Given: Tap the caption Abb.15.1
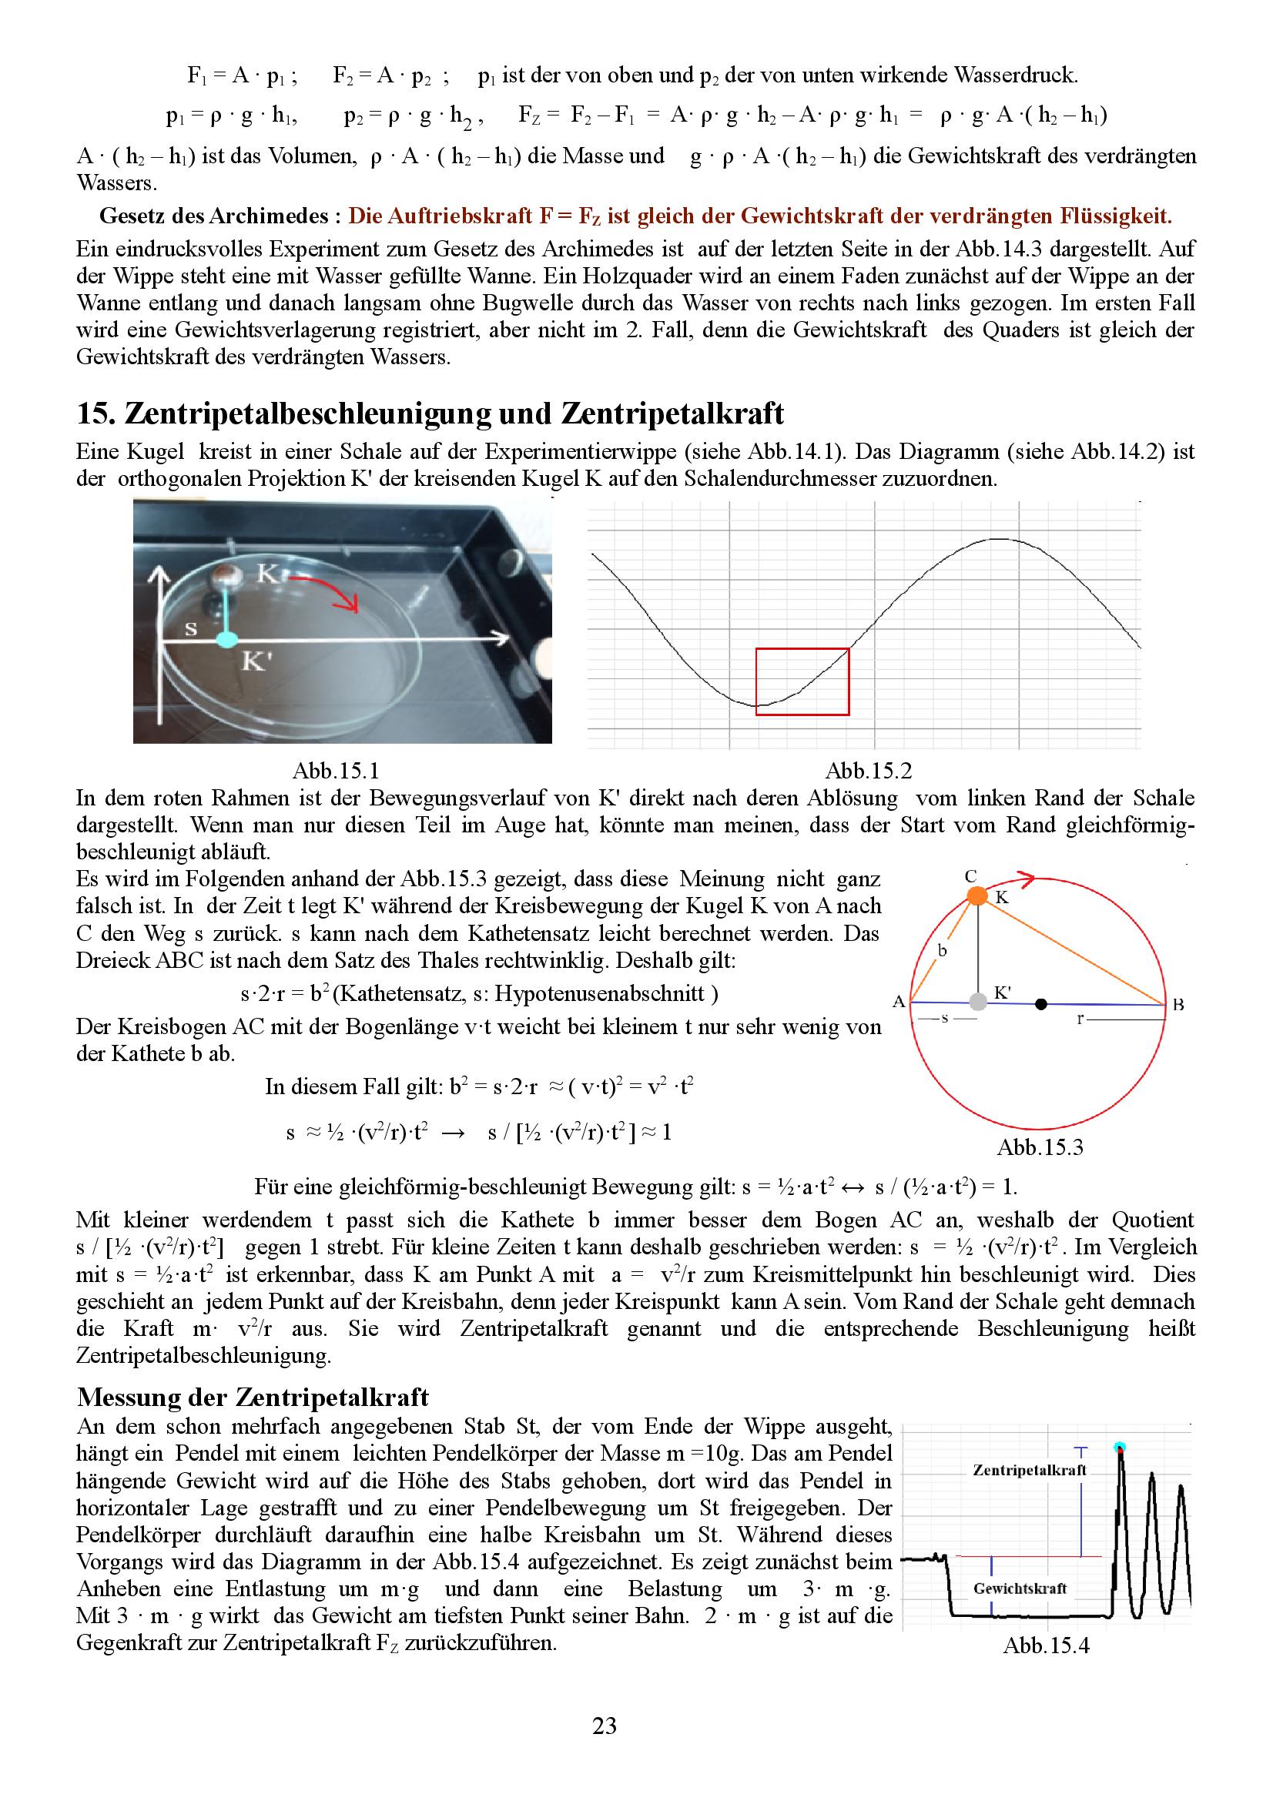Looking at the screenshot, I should tap(336, 770).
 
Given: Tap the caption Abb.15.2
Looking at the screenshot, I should tap(868, 770).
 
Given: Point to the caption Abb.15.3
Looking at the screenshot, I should tap(1040, 1147).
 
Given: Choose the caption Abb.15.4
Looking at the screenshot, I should tap(1047, 1645).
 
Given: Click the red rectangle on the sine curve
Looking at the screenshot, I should tap(802, 681).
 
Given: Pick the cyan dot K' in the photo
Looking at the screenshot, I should tap(226, 640).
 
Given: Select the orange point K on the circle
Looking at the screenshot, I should tap(977, 895).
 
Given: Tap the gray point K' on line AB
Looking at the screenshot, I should tap(977, 1002).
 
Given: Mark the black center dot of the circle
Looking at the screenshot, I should tap(1041, 1003).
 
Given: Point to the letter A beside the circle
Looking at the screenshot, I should tap(899, 1002).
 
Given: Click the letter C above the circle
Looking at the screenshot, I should tap(970, 876).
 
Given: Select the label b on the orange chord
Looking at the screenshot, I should tap(942, 951).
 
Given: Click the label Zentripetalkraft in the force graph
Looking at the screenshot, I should tap(1029, 1470).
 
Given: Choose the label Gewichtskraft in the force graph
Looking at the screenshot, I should tap(1020, 1588).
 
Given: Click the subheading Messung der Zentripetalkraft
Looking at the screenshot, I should tap(253, 1397).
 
